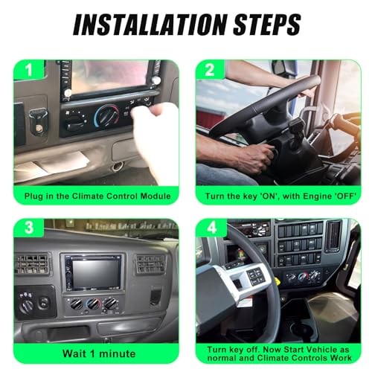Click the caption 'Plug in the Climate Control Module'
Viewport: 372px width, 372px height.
pyautogui.click(x=97, y=196)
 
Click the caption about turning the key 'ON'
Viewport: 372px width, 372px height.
pyautogui.click(x=278, y=196)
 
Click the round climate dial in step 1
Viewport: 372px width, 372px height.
pyautogui.click(x=107, y=115)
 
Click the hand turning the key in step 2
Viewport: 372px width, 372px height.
pyautogui.click(x=257, y=156)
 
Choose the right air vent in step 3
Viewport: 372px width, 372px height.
pyautogui.click(x=150, y=265)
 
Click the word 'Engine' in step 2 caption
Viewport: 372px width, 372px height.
pyautogui.click(x=305, y=196)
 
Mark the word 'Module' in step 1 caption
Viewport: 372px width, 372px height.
pyautogui.click(x=153, y=196)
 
